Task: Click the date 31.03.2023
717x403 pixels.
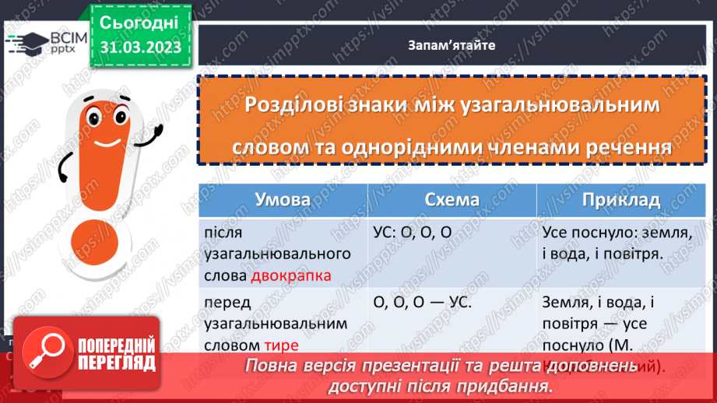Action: point(140,47)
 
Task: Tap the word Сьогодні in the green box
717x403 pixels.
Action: point(140,21)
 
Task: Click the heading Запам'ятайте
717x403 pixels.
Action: point(451,44)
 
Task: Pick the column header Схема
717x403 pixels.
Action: point(452,200)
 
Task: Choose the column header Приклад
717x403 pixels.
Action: point(620,200)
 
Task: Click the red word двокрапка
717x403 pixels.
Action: point(291,275)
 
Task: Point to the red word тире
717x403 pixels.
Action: point(280,344)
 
